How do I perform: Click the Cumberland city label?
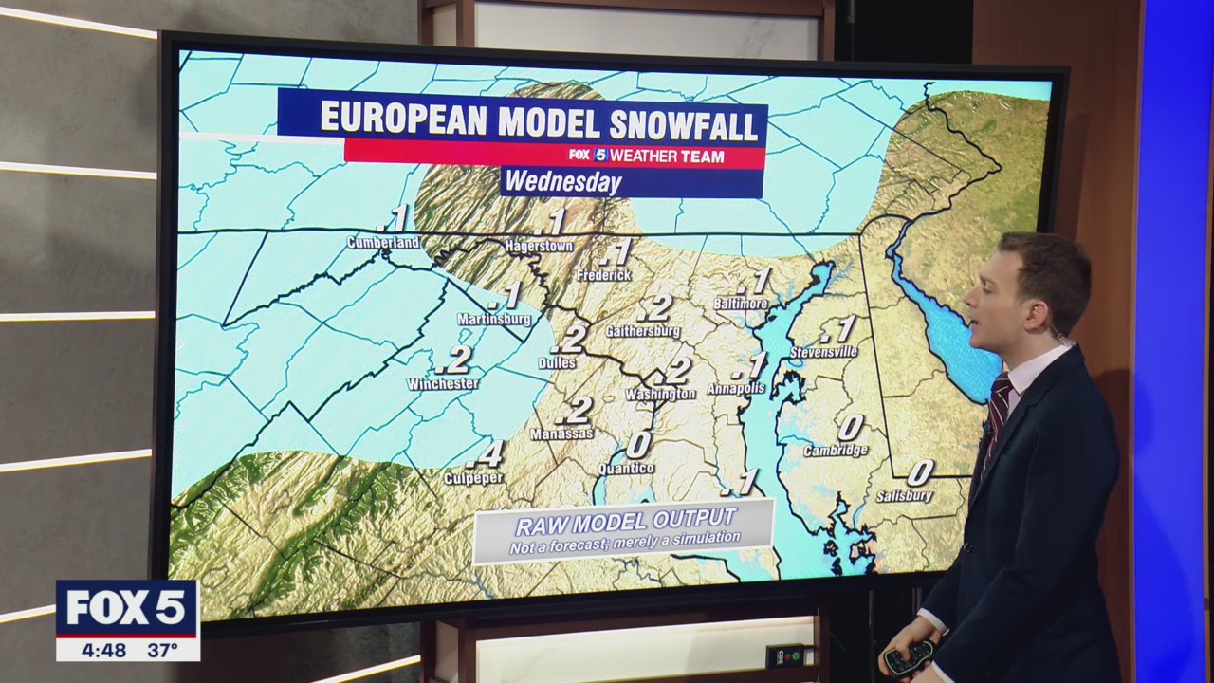click(x=383, y=243)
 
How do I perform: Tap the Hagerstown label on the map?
click(x=539, y=247)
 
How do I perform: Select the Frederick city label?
click(x=604, y=275)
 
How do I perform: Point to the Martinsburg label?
click(x=494, y=320)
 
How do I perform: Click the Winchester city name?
click(x=442, y=384)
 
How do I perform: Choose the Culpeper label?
click(x=474, y=478)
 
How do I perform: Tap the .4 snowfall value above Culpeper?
click(x=492, y=453)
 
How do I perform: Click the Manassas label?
click(x=562, y=434)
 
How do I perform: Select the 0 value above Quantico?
click(x=638, y=444)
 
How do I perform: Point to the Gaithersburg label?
click(x=643, y=331)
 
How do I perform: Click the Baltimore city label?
click(x=741, y=304)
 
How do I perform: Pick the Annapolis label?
click(x=736, y=389)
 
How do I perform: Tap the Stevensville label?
click(x=823, y=353)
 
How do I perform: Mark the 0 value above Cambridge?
click(x=851, y=427)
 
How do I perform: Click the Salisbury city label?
click(x=905, y=495)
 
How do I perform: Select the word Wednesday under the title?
click(x=562, y=181)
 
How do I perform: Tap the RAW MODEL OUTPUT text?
click(x=625, y=521)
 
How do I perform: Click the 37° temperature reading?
click(x=162, y=650)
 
